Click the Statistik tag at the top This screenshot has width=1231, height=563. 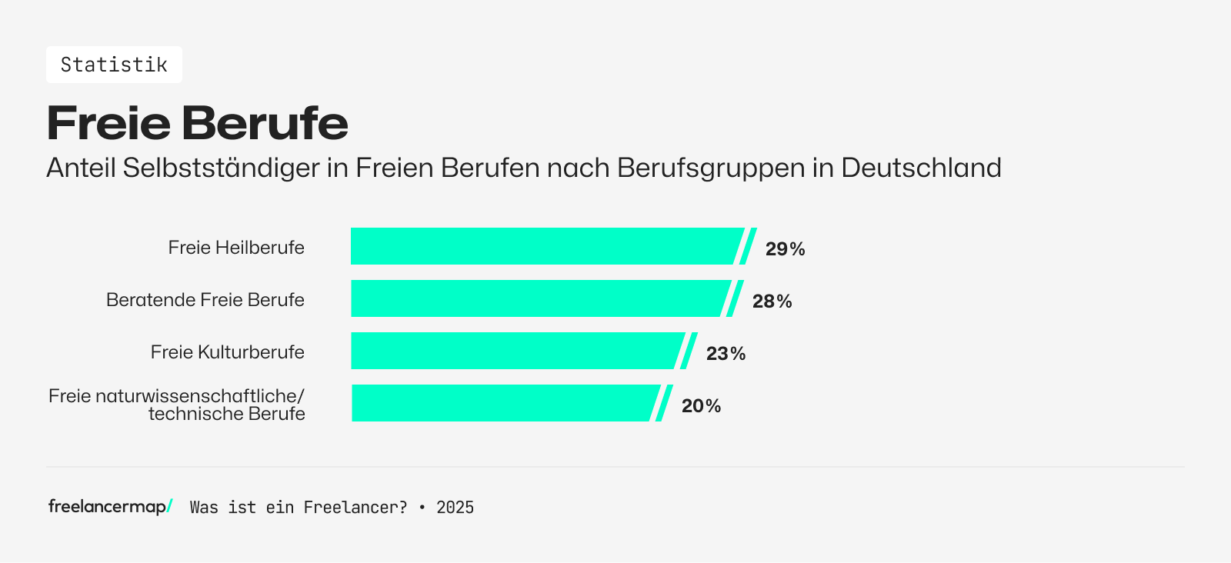click(x=114, y=65)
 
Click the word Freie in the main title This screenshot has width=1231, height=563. click(x=108, y=123)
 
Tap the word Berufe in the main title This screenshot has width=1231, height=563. click(x=265, y=123)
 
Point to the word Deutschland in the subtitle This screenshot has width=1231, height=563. click(x=921, y=168)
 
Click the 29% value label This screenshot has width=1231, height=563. click(x=785, y=248)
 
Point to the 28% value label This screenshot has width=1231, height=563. click(x=772, y=301)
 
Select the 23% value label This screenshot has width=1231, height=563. click(x=726, y=353)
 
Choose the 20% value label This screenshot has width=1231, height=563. click(x=701, y=405)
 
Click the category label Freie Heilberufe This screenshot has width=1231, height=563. click(x=236, y=248)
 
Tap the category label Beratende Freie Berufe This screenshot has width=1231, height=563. click(x=205, y=300)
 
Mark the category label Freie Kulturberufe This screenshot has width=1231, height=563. click(x=228, y=352)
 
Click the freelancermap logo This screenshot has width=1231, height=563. click(x=110, y=506)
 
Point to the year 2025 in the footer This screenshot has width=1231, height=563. click(x=455, y=508)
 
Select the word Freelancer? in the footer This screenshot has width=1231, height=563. click(x=355, y=508)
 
